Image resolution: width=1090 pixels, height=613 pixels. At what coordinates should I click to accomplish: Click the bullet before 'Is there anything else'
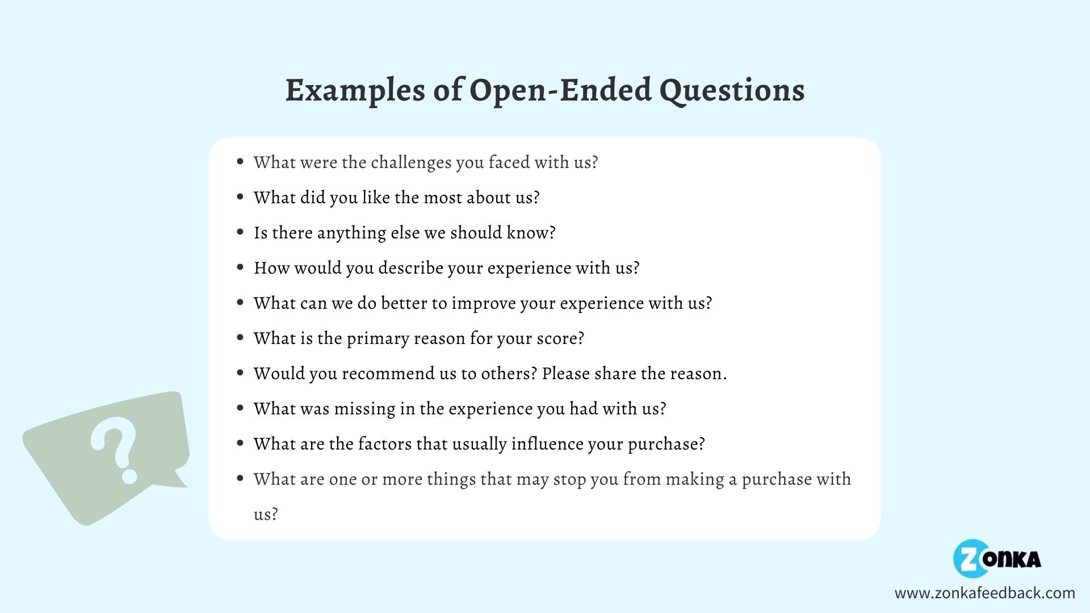tap(240, 232)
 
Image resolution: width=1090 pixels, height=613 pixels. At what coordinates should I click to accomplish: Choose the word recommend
tap(388, 373)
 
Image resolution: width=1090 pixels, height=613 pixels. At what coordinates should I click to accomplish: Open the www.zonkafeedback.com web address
tap(985, 593)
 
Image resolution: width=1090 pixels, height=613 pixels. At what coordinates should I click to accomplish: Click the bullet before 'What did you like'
tap(240, 197)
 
